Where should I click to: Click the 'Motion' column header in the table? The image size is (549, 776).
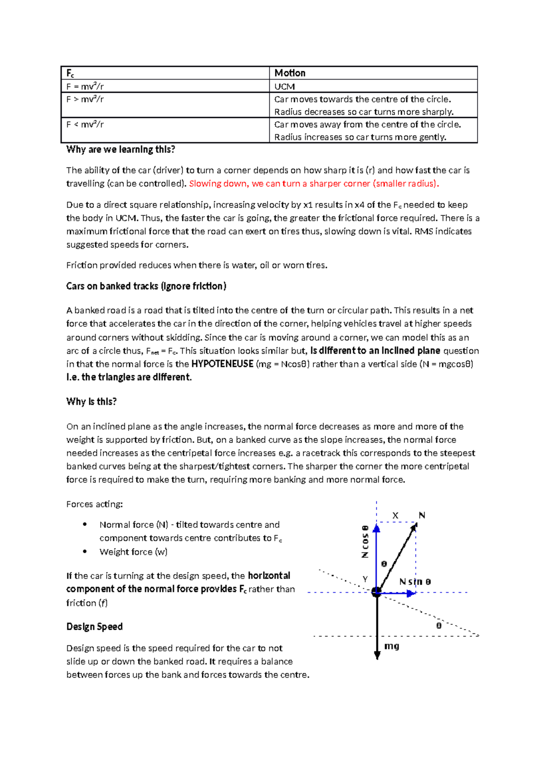tap(290, 73)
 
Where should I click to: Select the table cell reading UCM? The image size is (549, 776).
tap(284, 86)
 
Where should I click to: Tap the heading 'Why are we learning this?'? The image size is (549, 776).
tap(120, 149)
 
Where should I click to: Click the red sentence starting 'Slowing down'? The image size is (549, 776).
tap(314, 184)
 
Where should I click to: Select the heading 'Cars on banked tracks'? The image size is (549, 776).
tap(146, 286)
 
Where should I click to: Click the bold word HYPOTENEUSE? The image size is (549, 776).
tap(222, 364)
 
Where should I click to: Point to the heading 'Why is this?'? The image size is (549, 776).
tap(91, 402)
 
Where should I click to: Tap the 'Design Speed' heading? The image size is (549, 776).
tap(94, 627)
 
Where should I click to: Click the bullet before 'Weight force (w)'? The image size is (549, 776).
tap(85, 552)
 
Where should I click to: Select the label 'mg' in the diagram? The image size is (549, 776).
tap(392, 646)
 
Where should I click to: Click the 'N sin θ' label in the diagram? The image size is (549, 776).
tap(414, 582)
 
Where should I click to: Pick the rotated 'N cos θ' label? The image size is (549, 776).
tap(365, 542)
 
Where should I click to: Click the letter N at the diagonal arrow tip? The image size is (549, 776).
tap(422, 515)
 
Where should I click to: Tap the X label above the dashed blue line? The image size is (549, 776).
tap(395, 516)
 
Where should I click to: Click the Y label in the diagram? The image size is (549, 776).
tap(365, 579)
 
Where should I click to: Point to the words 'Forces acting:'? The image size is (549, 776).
tap(94, 504)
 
